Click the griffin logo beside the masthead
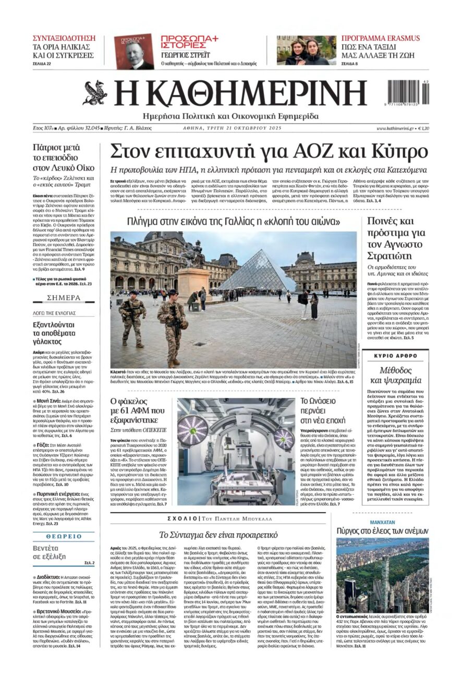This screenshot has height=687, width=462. point(95,93)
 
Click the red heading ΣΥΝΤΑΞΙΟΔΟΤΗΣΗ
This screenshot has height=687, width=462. point(64,38)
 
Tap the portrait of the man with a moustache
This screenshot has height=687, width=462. point(135,52)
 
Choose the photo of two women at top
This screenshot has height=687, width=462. point(306,50)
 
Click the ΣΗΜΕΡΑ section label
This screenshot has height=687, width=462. point(64,298)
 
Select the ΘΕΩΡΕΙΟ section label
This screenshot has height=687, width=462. point(64,536)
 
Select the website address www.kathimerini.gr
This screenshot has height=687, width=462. point(395,128)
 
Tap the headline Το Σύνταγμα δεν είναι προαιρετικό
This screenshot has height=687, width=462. point(218,534)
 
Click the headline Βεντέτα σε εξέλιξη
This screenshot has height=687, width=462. point(50,552)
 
